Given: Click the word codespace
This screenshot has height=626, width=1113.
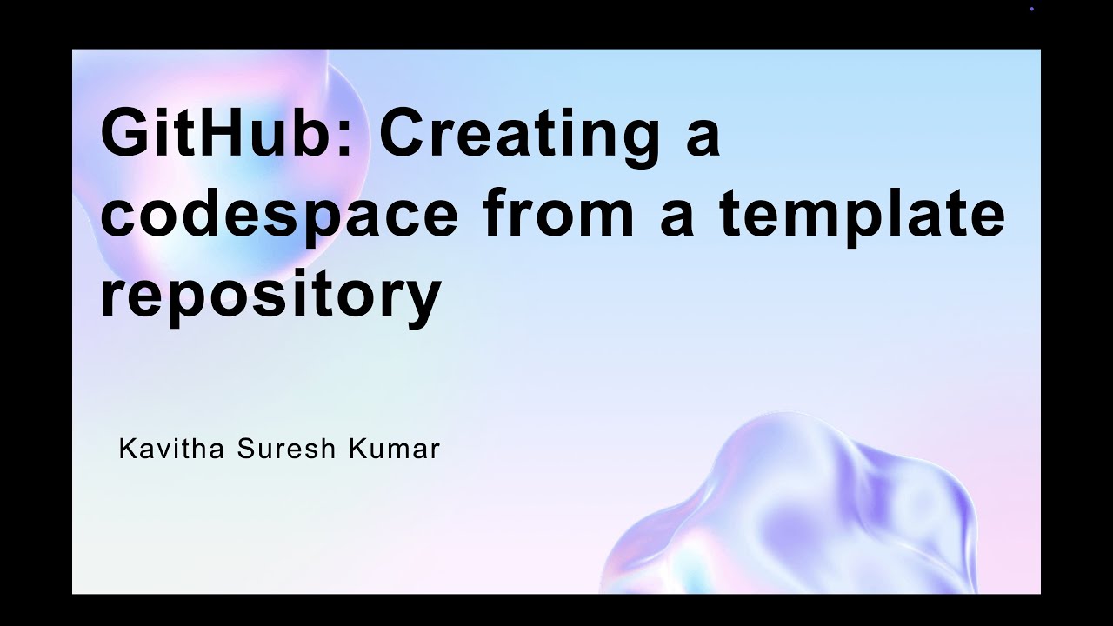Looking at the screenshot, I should (x=278, y=216).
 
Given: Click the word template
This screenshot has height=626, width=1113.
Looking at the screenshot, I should (x=862, y=214).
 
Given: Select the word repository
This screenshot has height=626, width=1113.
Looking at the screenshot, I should (x=270, y=294).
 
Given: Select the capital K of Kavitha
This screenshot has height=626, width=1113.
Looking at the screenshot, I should (x=127, y=449).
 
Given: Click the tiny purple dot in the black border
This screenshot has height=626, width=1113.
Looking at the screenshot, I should (x=1031, y=9).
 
